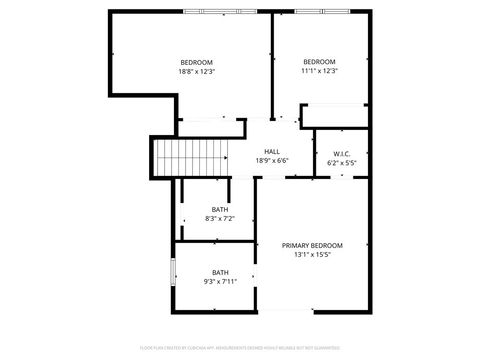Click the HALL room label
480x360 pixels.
click(x=272, y=151)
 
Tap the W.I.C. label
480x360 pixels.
click(x=342, y=154)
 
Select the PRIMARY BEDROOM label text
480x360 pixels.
click(x=312, y=246)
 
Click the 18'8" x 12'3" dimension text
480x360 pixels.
click(x=197, y=72)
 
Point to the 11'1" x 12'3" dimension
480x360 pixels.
click(x=319, y=71)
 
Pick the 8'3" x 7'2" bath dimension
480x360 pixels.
click(x=220, y=218)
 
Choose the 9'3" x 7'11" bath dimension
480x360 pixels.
click(x=220, y=282)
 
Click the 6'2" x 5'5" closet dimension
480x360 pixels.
click(x=342, y=163)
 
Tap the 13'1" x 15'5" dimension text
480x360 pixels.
click(x=312, y=255)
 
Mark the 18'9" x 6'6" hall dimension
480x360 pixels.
click(x=272, y=160)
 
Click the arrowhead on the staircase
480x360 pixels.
click(x=226, y=158)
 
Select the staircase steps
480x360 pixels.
click(x=191, y=158)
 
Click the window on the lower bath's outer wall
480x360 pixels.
click(x=173, y=272)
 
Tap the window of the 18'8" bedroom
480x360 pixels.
click(x=220, y=11)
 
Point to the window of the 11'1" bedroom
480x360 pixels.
click(x=322, y=11)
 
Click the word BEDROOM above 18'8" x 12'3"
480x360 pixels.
click(x=196, y=62)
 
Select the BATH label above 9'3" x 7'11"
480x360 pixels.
click(x=220, y=272)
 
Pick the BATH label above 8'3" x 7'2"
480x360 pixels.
click(x=220, y=210)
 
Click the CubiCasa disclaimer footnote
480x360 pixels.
click(x=240, y=348)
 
